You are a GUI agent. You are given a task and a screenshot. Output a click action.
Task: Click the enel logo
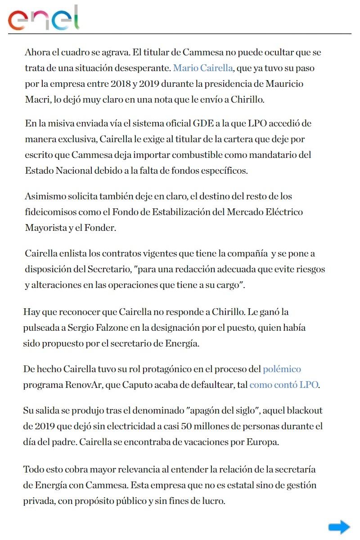[43, 18]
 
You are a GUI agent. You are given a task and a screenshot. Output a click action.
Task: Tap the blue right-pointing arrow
[339, 527]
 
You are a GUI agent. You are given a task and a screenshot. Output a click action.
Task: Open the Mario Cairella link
[203, 68]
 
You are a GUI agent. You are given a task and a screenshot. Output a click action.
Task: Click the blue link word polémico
[282, 369]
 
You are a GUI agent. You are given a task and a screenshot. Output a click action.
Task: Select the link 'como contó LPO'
[284, 385]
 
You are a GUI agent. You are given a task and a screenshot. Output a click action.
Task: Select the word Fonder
[101, 228]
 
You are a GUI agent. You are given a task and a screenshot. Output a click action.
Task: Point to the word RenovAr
[83, 385]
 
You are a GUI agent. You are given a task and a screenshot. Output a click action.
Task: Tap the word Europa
[263, 441]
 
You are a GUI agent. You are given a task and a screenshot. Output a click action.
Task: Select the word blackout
[304, 410]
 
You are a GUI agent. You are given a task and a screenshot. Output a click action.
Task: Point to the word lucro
[212, 500]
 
